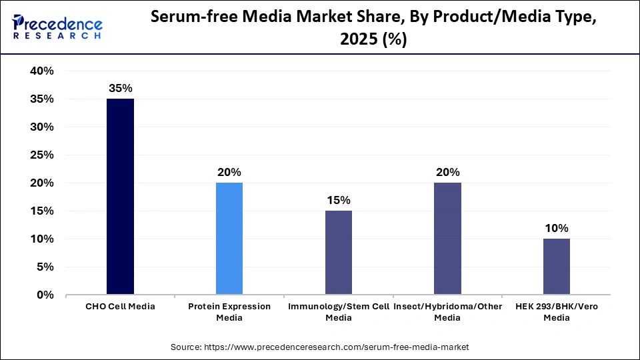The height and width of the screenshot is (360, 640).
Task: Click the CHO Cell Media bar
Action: (x=120, y=197)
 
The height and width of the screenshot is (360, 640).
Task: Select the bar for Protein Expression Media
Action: (x=229, y=239)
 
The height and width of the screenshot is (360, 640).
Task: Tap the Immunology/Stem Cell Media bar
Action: (x=339, y=253)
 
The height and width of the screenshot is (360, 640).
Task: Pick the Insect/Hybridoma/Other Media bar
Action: (x=447, y=239)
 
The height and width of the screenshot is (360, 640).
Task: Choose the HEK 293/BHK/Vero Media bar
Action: (x=557, y=267)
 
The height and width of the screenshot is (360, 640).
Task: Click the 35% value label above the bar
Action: (x=120, y=88)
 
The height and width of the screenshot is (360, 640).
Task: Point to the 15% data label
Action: (x=339, y=200)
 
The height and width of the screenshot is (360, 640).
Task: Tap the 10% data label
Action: (x=557, y=228)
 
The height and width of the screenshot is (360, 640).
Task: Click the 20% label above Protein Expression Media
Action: (x=229, y=172)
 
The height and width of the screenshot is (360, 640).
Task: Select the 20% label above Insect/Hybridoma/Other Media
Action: (x=447, y=172)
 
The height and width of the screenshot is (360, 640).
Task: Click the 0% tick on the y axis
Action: (x=45, y=295)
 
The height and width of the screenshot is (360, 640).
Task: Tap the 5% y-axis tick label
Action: (x=45, y=267)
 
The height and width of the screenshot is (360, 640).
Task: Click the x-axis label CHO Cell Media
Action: (x=120, y=307)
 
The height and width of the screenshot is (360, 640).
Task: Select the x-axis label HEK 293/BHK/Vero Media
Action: (x=557, y=312)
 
